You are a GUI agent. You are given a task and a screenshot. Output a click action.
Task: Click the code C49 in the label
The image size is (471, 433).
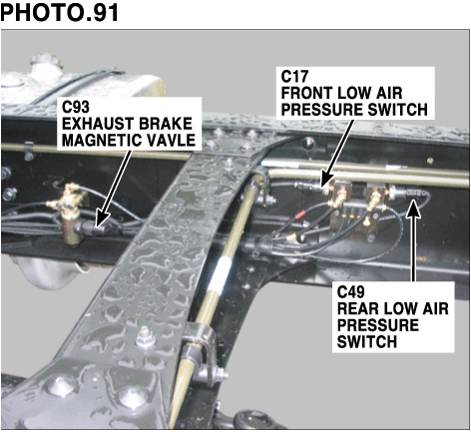[351, 293]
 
